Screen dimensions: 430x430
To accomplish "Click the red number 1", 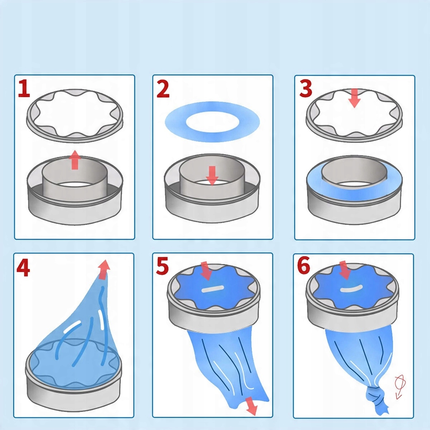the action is tap(24, 89).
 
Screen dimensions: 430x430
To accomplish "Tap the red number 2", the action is tap(163, 89).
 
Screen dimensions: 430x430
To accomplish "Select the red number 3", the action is tap(306, 89).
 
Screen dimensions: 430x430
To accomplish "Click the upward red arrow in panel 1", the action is tap(75, 160).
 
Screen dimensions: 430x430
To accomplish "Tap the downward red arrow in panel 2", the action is tap(212, 176).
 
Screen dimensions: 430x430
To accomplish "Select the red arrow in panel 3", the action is tap(354, 98).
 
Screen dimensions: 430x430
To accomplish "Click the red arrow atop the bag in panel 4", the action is tap(104, 270).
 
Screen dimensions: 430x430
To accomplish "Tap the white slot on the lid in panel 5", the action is tap(212, 289).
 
